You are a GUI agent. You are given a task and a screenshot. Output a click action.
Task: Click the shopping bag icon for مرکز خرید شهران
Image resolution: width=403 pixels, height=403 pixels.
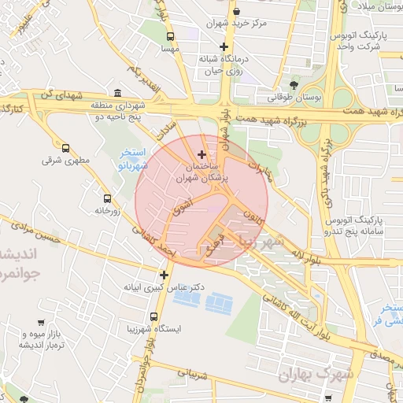(237, 11)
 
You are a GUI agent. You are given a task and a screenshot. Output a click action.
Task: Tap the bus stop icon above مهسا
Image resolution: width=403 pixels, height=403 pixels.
(171, 36)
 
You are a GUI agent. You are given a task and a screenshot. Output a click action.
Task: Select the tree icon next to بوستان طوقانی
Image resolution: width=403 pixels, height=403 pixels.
(294, 84)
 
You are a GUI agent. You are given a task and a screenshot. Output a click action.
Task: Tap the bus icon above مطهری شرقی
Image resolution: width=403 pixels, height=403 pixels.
(65, 147)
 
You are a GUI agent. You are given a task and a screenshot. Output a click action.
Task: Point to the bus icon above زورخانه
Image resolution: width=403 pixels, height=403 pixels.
(107, 198)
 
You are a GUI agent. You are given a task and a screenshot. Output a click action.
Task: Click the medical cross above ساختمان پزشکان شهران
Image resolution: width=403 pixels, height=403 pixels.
(202, 154)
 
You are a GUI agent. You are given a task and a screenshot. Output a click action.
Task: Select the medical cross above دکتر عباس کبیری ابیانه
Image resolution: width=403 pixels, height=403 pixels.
(164, 275)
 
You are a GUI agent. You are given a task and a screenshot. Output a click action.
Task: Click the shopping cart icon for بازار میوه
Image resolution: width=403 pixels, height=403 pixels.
(40, 323)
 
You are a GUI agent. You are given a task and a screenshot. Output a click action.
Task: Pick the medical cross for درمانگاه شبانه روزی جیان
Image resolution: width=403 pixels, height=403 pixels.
(224, 46)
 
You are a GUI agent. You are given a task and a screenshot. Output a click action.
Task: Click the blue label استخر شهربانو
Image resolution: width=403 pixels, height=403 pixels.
(132, 158)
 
